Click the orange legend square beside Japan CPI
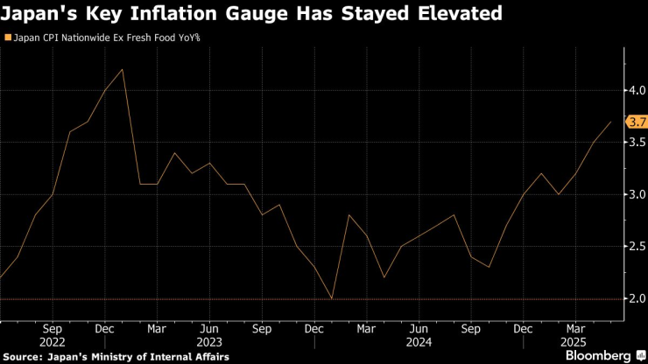(8, 38)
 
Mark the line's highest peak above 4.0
(122, 70)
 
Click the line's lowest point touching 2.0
(332, 298)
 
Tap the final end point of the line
(610, 122)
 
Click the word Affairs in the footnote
(210, 356)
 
